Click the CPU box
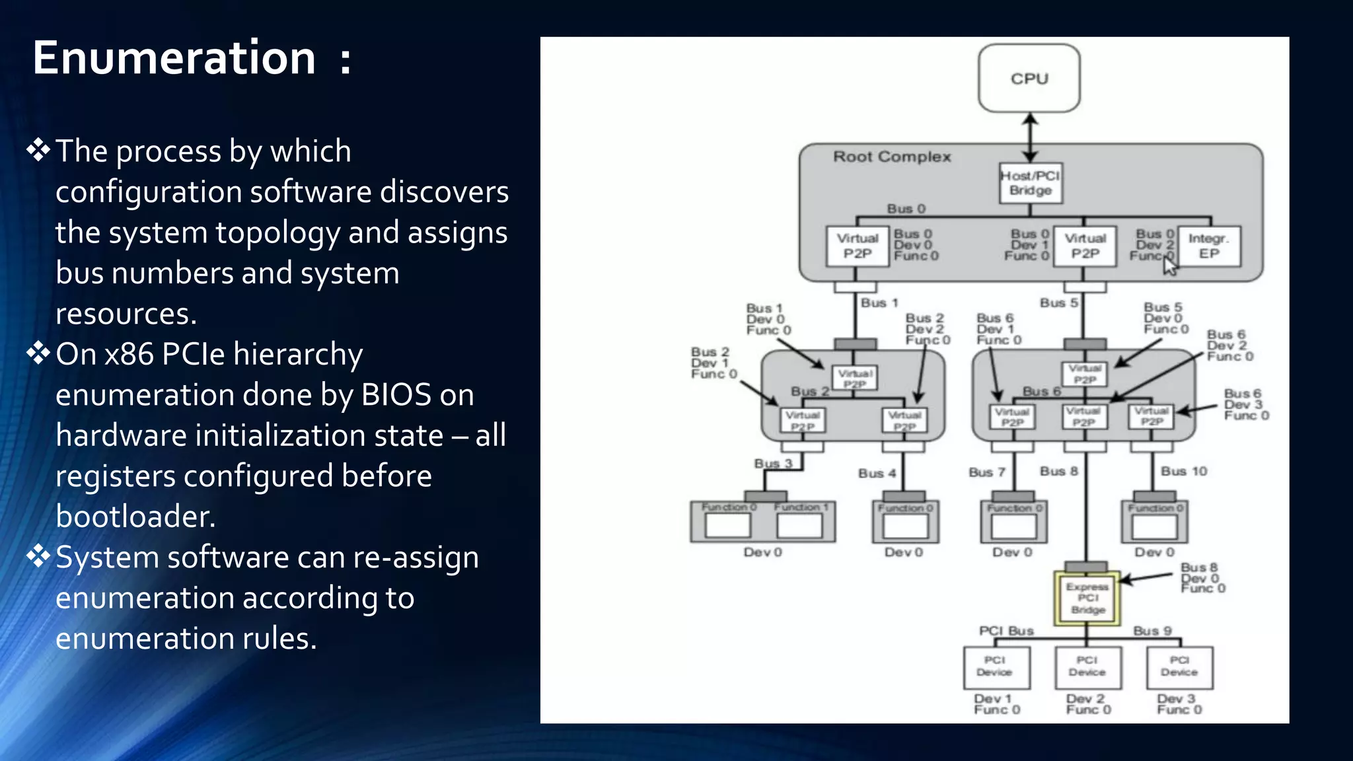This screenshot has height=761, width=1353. click(1029, 79)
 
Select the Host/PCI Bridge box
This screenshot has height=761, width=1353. click(1030, 183)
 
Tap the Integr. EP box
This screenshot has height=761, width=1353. click(1209, 246)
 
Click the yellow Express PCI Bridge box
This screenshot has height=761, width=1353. click(1087, 598)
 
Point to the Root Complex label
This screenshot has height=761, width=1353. click(891, 157)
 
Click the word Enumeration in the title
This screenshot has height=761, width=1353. click(174, 58)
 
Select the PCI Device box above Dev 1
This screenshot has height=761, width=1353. click(995, 667)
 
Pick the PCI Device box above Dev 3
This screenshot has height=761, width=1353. click(1179, 667)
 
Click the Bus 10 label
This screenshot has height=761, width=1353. click(1184, 471)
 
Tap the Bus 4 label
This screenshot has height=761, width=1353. click(877, 473)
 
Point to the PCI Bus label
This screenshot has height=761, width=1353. click(1006, 631)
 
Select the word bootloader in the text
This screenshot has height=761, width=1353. click(135, 517)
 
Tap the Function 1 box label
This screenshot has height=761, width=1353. click(801, 507)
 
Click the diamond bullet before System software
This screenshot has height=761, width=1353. click(38, 556)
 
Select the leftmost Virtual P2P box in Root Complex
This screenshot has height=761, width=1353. click(858, 246)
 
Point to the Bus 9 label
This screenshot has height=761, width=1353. click(1152, 631)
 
